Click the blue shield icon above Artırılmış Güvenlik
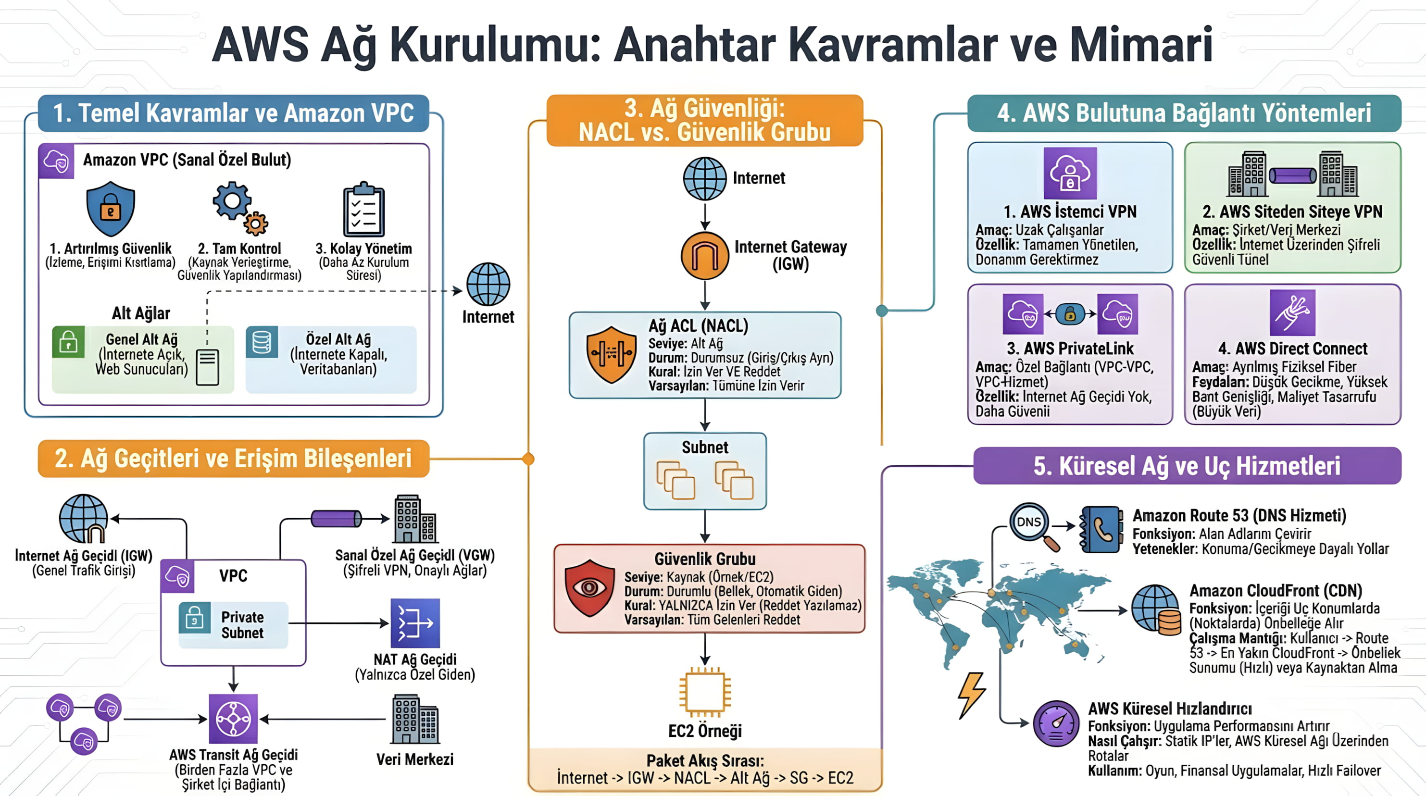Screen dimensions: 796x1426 [111, 209]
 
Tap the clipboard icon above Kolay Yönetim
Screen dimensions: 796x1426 [363, 210]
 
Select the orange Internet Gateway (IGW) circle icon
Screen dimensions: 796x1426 [705, 256]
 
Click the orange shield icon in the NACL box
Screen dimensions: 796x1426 [611, 354]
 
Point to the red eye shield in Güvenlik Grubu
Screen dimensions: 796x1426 [589, 588]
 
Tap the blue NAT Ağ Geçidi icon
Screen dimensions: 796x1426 [415, 623]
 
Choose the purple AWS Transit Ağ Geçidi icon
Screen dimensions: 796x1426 [233, 719]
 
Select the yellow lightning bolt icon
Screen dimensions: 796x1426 [972, 694]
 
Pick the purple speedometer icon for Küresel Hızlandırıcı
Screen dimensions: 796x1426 [1056, 723]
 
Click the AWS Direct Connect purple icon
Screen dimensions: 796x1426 [1292, 313]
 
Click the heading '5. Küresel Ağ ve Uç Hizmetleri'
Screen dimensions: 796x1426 [1187, 465]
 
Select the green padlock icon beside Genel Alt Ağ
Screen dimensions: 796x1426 [69, 342]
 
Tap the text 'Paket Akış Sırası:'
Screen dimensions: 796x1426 [705, 760]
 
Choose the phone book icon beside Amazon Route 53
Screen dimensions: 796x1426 [1101, 529]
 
